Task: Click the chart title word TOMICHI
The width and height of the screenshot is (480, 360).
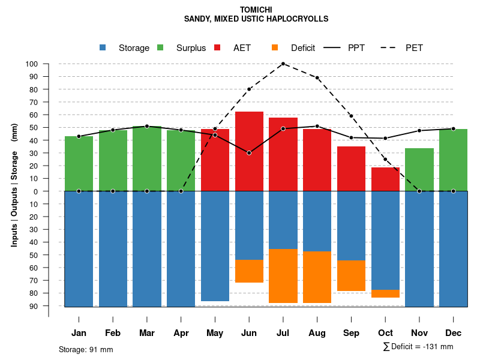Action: click(x=256, y=10)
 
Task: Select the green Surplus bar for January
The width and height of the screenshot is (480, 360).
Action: click(x=79, y=163)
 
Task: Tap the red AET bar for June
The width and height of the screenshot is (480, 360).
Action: click(x=249, y=151)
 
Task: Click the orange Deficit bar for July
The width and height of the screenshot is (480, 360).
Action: click(x=283, y=276)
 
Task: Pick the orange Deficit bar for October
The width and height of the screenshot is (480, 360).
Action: click(x=386, y=293)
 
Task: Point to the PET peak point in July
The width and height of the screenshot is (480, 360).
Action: click(x=283, y=64)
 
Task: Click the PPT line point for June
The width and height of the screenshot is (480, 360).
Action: click(x=249, y=153)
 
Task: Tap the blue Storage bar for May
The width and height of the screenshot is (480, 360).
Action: click(x=215, y=246)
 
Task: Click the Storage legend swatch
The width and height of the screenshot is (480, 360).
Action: click(x=104, y=48)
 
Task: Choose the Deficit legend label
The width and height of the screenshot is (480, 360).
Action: click(x=303, y=48)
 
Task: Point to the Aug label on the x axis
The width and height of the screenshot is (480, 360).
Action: click(x=317, y=333)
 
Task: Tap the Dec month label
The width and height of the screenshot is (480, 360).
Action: click(x=454, y=333)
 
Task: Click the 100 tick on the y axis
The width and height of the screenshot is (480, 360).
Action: click(x=32, y=64)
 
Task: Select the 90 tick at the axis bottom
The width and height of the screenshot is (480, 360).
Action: click(x=34, y=306)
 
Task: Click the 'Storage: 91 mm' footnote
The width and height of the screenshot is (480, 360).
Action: click(x=86, y=349)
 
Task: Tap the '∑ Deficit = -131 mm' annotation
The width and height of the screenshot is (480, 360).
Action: click(x=418, y=347)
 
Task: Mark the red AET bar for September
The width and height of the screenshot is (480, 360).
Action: click(x=351, y=169)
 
